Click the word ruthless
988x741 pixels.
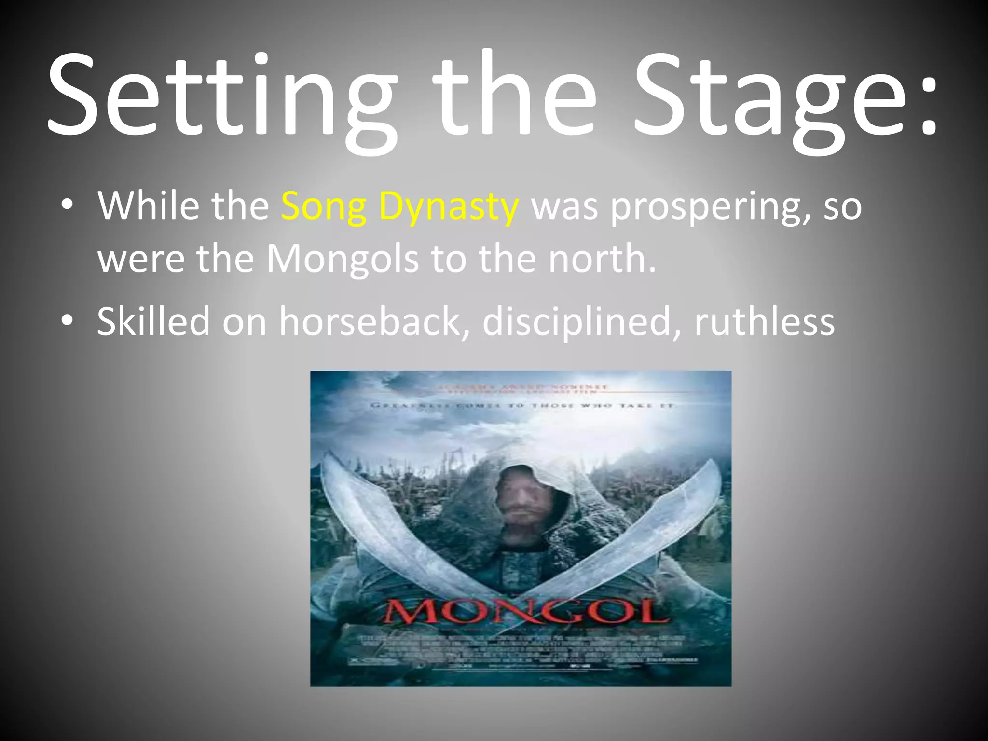pyautogui.click(x=765, y=321)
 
